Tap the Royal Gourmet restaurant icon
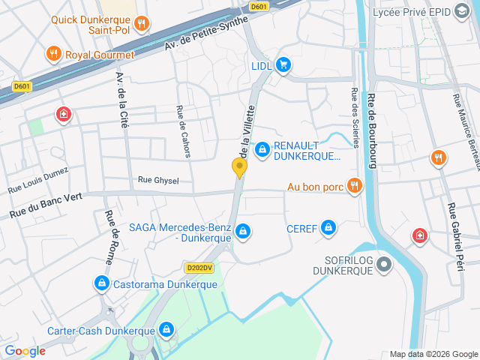(53, 54)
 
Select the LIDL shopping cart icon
(283, 65)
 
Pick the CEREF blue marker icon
(328, 227)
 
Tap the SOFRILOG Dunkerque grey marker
(384, 263)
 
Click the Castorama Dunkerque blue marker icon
(100, 283)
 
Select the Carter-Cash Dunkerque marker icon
(166, 329)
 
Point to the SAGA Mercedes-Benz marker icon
(242, 232)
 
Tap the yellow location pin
(240, 168)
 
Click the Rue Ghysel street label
(157, 180)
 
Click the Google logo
(25, 350)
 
